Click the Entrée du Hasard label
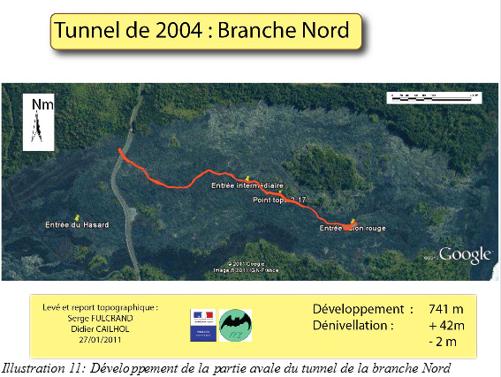78,225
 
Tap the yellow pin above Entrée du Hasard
78,215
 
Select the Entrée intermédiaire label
247,186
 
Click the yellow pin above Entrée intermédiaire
247,177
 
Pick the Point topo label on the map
277,200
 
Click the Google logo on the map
465,254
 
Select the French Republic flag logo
202,324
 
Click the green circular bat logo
235,324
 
